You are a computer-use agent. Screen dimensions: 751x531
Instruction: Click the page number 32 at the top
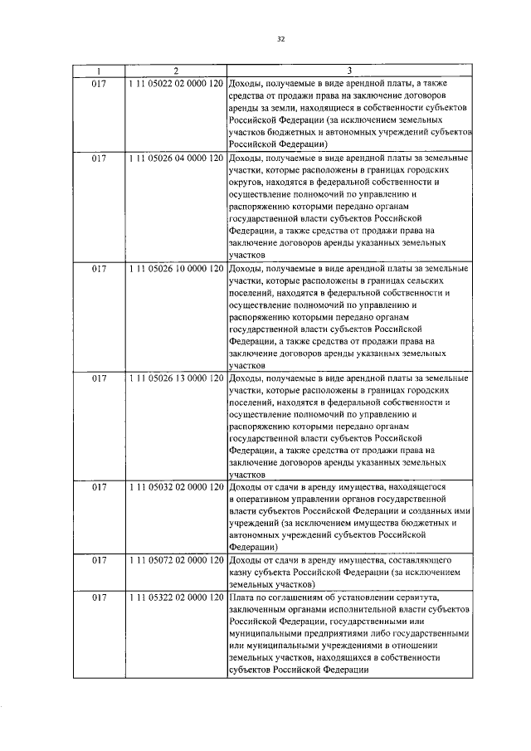tap(280, 38)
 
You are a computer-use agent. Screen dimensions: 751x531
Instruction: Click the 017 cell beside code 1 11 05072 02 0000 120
tap(99, 561)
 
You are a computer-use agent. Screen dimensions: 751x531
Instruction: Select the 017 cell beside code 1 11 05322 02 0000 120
tap(99, 597)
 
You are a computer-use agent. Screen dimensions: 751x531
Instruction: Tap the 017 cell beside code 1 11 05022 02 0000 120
tap(99, 84)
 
